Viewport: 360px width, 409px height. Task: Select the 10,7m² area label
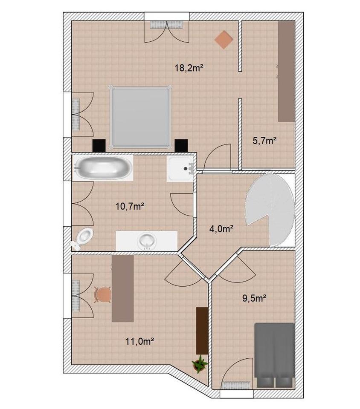tap(129, 207)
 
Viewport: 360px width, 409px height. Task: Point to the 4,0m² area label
tap(221, 229)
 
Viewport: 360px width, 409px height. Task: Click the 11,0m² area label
tap(139, 341)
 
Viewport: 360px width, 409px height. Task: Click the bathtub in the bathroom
tap(103, 168)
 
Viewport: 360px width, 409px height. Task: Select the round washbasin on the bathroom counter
tap(147, 241)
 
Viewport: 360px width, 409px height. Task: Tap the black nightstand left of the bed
tap(99, 146)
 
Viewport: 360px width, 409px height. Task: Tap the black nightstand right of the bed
tap(181, 146)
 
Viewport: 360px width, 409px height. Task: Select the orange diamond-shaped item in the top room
tap(224, 40)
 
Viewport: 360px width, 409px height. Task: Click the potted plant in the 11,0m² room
tap(200, 364)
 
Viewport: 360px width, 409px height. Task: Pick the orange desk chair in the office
tap(103, 294)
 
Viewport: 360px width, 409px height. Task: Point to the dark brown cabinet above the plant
tap(202, 331)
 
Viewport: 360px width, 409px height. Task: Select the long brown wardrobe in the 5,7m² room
tap(286, 71)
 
